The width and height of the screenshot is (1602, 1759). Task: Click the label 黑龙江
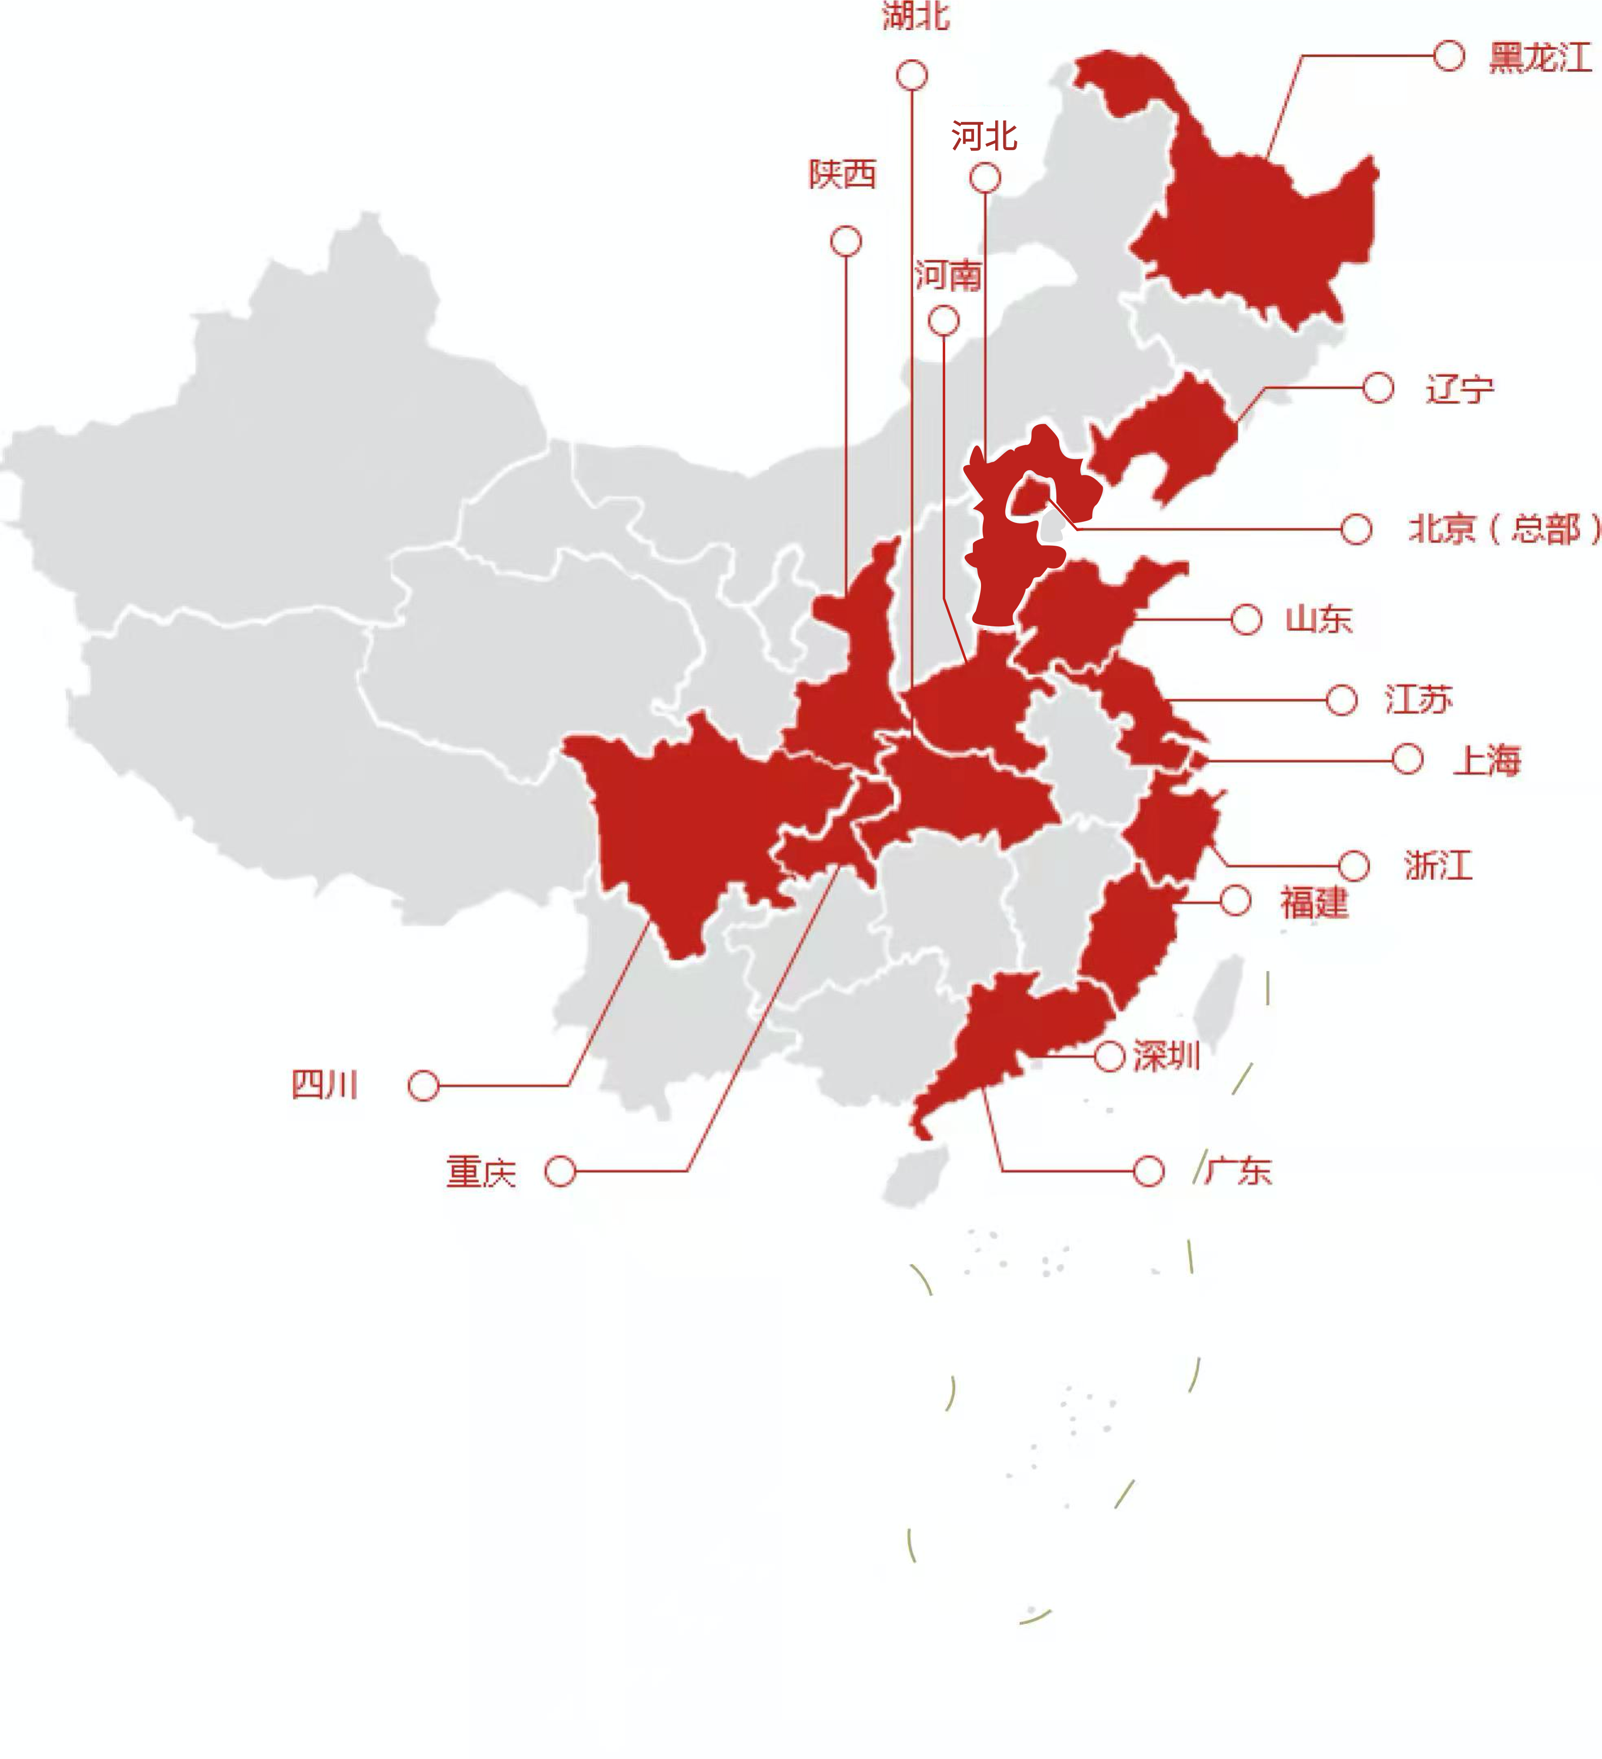pos(1540,57)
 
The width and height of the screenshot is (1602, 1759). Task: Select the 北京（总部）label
pos(1503,529)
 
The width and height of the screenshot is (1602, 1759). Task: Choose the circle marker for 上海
pos(1407,759)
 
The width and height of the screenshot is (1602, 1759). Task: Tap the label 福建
pos(1314,902)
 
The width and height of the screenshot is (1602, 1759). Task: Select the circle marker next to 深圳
pos(1109,1057)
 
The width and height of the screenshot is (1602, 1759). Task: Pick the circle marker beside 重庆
pos(560,1171)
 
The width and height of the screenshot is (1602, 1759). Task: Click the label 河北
pos(984,136)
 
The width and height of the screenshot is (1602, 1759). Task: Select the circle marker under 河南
pos(944,320)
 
